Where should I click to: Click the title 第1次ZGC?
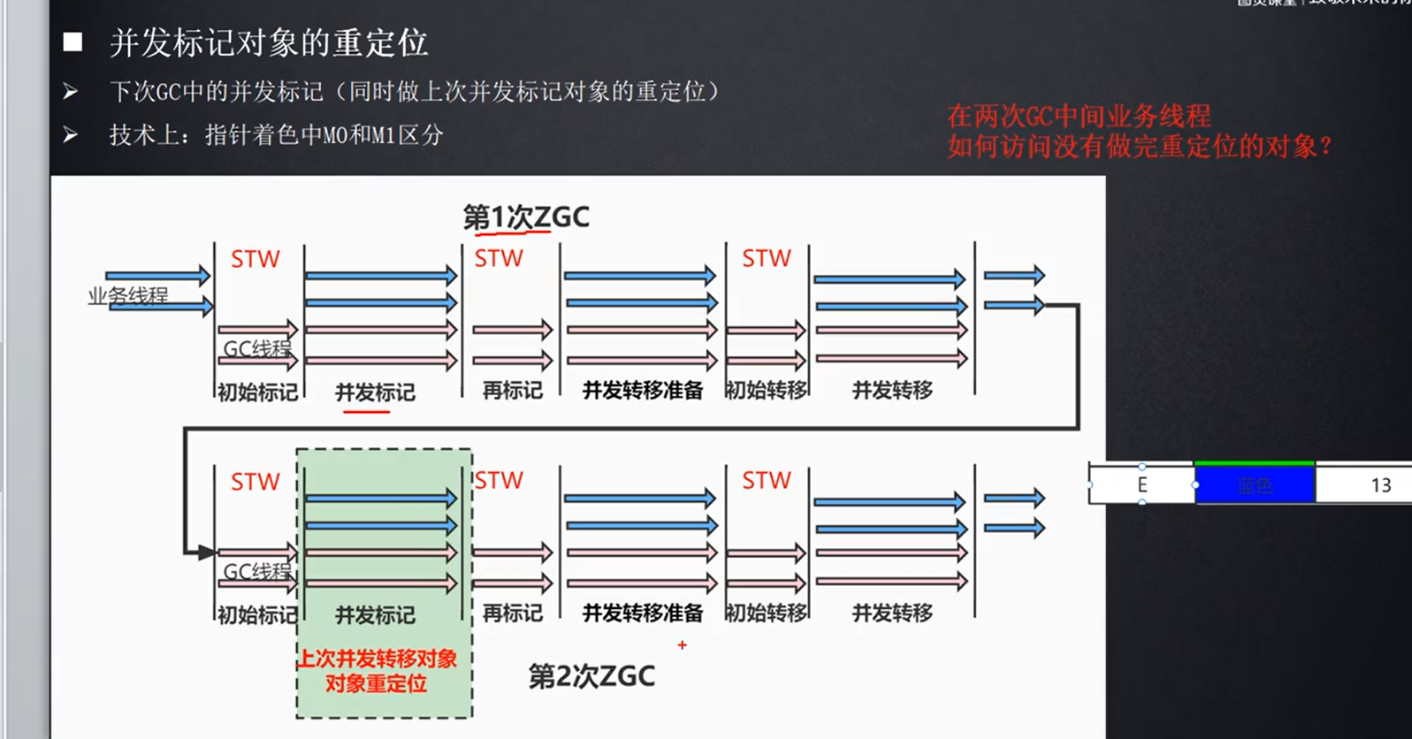click(x=526, y=217)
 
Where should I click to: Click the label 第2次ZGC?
click(x=592, y=676)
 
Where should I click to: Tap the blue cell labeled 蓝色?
click(x=1254, y=485)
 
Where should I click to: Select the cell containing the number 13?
click(x=1380, y=485)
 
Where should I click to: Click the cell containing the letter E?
click(x=1141, y=485)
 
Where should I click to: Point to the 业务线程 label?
click(x=127, y=296)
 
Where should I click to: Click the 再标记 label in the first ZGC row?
click(x=512, y=390)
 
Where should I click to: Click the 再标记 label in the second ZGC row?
click(x=512, y=613)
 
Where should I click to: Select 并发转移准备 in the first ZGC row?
click(x=642, y=390)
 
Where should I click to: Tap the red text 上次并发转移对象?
click(x=377, y=659)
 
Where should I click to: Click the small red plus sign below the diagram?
click(x=682, y=645)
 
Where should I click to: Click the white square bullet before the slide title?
click(x=73, y=42)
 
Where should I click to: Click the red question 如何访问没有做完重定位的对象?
click(x=1139, y=146)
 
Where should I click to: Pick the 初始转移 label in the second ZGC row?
click(x=766, y=613)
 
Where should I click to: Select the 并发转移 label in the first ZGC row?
click(x=891, y=390)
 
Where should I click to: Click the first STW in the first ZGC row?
click(x=255, y=259)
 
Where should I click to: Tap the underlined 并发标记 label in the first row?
click(x=375, y=392)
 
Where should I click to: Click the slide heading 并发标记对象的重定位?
click(x=269, y=42)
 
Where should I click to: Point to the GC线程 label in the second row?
click(x=256, y=572)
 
